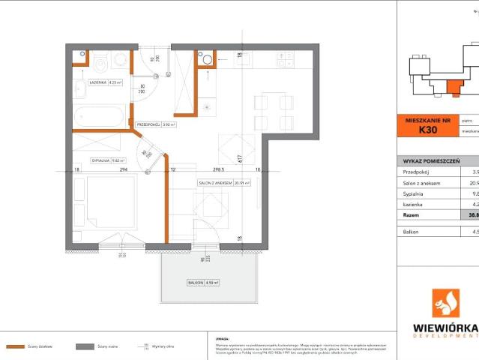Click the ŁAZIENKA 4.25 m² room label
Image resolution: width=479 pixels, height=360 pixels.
pos(105,83)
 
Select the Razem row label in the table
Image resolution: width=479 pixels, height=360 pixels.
pos(412,214)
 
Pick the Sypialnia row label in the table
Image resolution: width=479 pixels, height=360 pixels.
pos(413,193)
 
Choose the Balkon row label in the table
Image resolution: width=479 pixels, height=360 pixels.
pos(412,232)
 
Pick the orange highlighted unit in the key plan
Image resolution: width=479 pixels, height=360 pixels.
pos(454,88)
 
